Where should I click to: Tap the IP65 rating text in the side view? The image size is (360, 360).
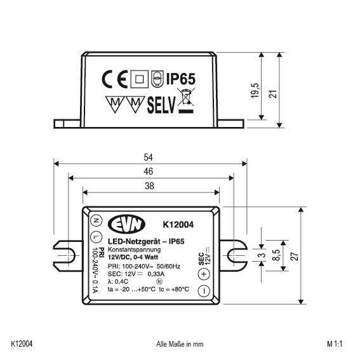click(x=180, y=79)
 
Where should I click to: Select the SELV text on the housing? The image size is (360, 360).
click(x=161, y=103)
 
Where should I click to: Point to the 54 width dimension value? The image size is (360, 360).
click(x=149, y=157)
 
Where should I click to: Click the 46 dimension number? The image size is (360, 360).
click(x=149, y=171)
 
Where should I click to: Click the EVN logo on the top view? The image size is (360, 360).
click(x=127, y=225)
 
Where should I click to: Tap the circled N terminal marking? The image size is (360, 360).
click(x=96, y=221)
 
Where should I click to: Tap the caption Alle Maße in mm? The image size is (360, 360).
click(x=179, y=344)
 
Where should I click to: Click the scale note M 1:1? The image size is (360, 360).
click(x=335, y=344)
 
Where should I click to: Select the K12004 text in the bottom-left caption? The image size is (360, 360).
click(x=22, y=344)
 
